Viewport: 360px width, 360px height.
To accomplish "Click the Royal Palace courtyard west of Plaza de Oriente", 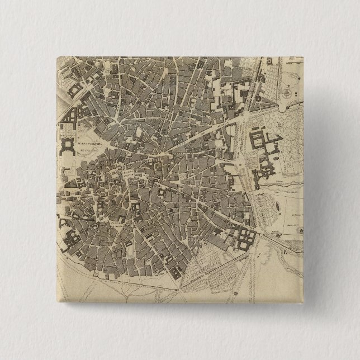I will click(69, 146).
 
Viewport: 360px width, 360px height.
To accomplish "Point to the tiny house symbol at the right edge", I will click(301, 230).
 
